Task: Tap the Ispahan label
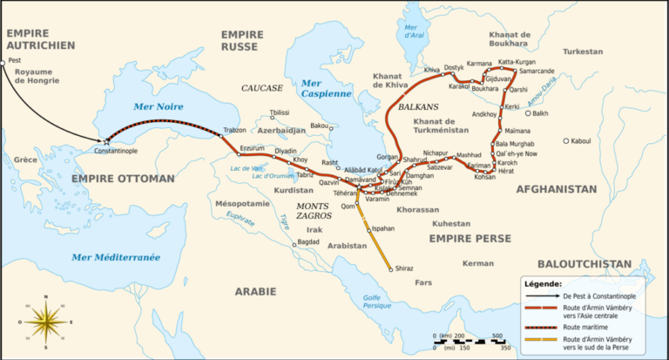(x=383, y=228)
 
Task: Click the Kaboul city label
(x=581, y=141)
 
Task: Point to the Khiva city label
(x=432, y=70)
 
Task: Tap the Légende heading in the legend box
(x=544, y=283)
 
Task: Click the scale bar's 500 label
(x=497, y=336)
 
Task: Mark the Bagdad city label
(x=308, y=241)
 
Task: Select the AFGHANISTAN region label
(x=556, y=188)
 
